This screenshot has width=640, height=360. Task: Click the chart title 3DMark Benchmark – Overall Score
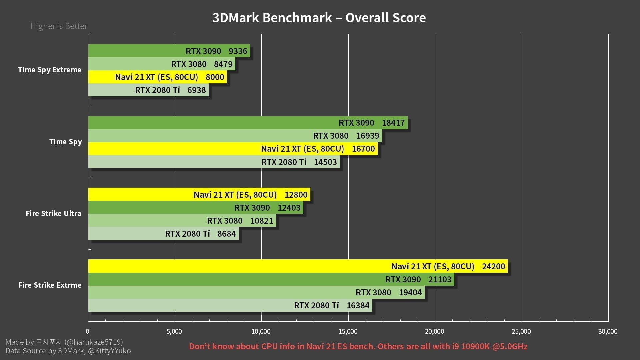(319, 18)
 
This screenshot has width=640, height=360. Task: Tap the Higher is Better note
(59, 26)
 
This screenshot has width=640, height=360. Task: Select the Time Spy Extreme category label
(50, 70)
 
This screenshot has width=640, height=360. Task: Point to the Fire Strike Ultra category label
(53, 213)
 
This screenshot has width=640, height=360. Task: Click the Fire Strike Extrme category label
(50, 285)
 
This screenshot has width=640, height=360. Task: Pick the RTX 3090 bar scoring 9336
(169, 51)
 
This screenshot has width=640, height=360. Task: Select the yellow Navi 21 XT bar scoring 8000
(157, 77)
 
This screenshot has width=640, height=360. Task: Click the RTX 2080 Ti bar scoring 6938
(148, 90)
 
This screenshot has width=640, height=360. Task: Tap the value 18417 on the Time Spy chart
(393, 123)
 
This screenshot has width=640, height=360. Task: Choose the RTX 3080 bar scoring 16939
(235, 136)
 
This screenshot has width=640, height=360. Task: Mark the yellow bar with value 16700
(233, 149)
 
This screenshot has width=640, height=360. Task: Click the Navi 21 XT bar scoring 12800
(199, 195)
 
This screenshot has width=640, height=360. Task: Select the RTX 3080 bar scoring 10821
(182, 221)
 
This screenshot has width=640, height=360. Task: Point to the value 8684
(226, 234)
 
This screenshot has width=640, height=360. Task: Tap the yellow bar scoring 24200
(298, 266)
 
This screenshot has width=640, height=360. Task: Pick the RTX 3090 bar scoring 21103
(271, 279)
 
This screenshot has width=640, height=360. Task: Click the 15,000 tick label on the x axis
(348, 331)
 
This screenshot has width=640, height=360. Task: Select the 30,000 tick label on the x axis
(608, 331)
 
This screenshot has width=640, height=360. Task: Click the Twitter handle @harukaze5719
(94, 342)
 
